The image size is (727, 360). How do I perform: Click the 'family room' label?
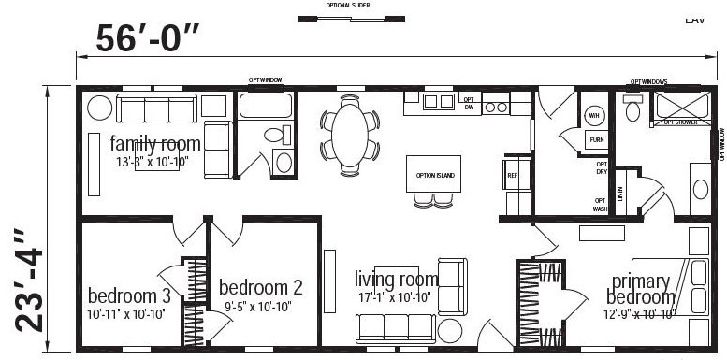coord(155,144)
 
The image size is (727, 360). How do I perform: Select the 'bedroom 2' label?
coord(260,287)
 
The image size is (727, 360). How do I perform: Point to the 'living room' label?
coord(396,279)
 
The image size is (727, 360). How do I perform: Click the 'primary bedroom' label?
coord(641,289)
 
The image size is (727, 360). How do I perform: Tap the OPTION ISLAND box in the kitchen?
coord(433,173)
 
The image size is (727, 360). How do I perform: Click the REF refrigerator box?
coord(512,175)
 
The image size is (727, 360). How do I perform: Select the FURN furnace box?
coord(595,139)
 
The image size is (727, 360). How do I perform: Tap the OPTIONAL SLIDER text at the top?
coord(351,5)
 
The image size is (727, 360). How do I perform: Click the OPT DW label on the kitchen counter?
coord(470,103)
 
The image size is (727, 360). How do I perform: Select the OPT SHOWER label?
coord(681,122)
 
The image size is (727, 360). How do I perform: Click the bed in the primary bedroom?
coord(669,290)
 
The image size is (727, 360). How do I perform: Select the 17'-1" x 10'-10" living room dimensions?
coord(395,296)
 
